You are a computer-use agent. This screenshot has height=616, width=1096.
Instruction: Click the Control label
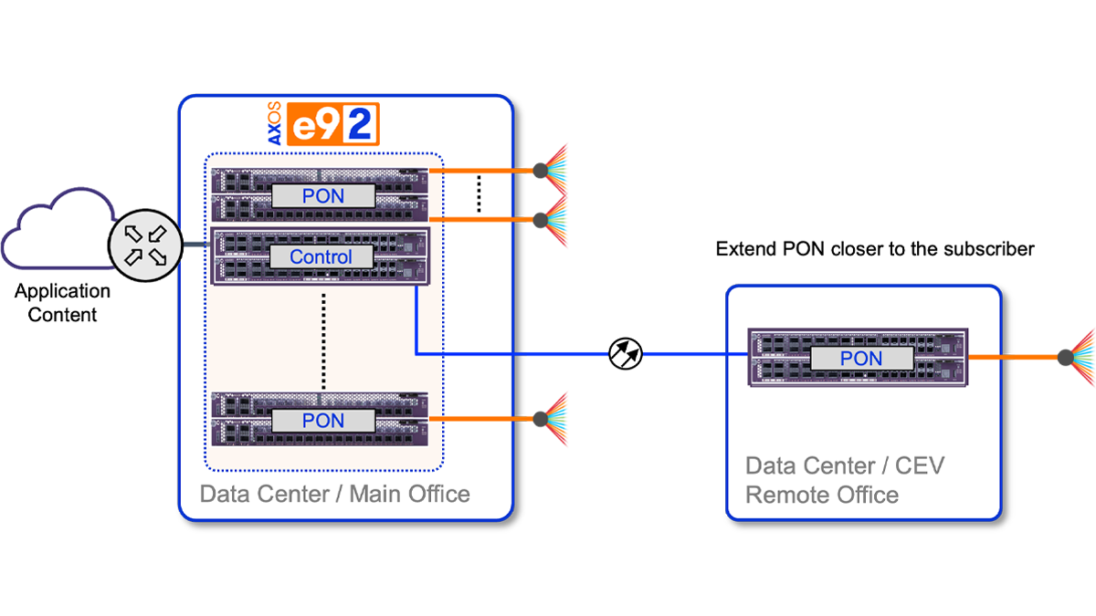click(x=321, y=257)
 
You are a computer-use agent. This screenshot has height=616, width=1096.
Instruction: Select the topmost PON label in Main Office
click(x=323, y=195)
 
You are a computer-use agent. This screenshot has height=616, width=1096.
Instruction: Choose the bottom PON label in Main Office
click(x=323, y=420)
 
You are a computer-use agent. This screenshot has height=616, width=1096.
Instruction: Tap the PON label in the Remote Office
click(x=860, y=359)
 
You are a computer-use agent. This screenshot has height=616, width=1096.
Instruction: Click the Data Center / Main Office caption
click(x=334, y=495)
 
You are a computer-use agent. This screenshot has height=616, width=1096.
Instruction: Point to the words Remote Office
click(x=822, y=496)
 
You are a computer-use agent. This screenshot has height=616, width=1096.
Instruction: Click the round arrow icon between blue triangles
click(x=626, y=351)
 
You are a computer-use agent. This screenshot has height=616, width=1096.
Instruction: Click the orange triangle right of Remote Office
click(x=1037, y=357)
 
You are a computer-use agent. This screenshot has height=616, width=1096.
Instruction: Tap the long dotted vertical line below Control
click(x=323, y=338)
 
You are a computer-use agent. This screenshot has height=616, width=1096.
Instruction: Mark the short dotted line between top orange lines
click(x=479, y=194)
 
